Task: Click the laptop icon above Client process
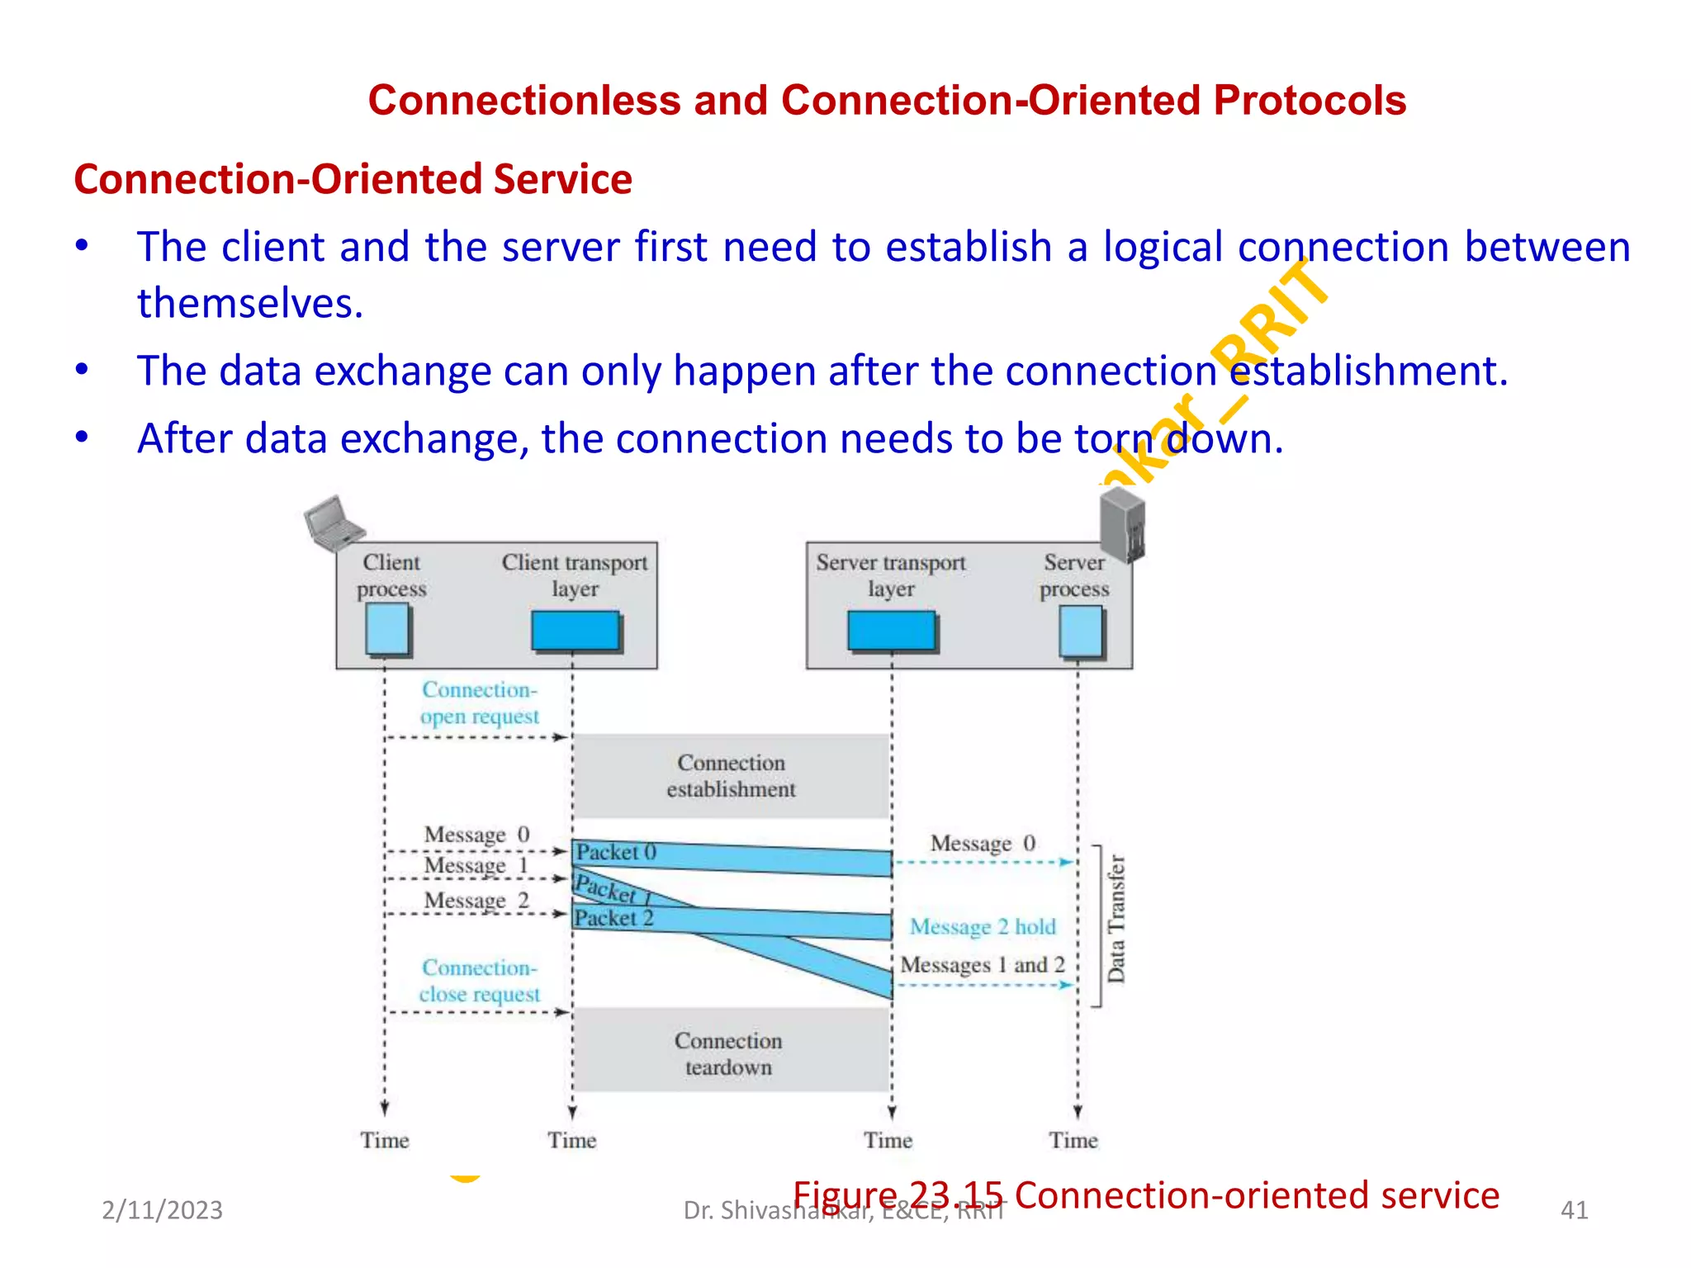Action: click(x=334, y=523)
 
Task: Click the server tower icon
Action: click(x=1123, y=524)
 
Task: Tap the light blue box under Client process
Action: click(x=387, y=629)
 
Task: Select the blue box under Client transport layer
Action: click(x=576, y=632)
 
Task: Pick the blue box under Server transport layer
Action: click(x=892, y=632)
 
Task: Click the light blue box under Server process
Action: click(x=1081, y=632)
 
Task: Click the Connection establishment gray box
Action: click(x=731, y=776)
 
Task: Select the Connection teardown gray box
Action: click(x=729, y=1053)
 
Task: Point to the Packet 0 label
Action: click(x=616, y=852)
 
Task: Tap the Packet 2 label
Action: click(x=614, y=918)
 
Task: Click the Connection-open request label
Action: click(x=480, y=703)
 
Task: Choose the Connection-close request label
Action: click(x=480, y=981)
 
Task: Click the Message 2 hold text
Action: click(x=983, y=927)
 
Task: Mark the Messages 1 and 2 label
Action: click(x=983, y=965)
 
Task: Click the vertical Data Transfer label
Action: click(x=1116, y=919)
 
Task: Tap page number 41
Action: click(x=1574, y=1210)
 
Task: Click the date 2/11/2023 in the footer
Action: click(x=162, y=1210)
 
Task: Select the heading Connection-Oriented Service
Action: click(x=353, y=179)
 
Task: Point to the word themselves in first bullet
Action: click(x=250, y=303)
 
